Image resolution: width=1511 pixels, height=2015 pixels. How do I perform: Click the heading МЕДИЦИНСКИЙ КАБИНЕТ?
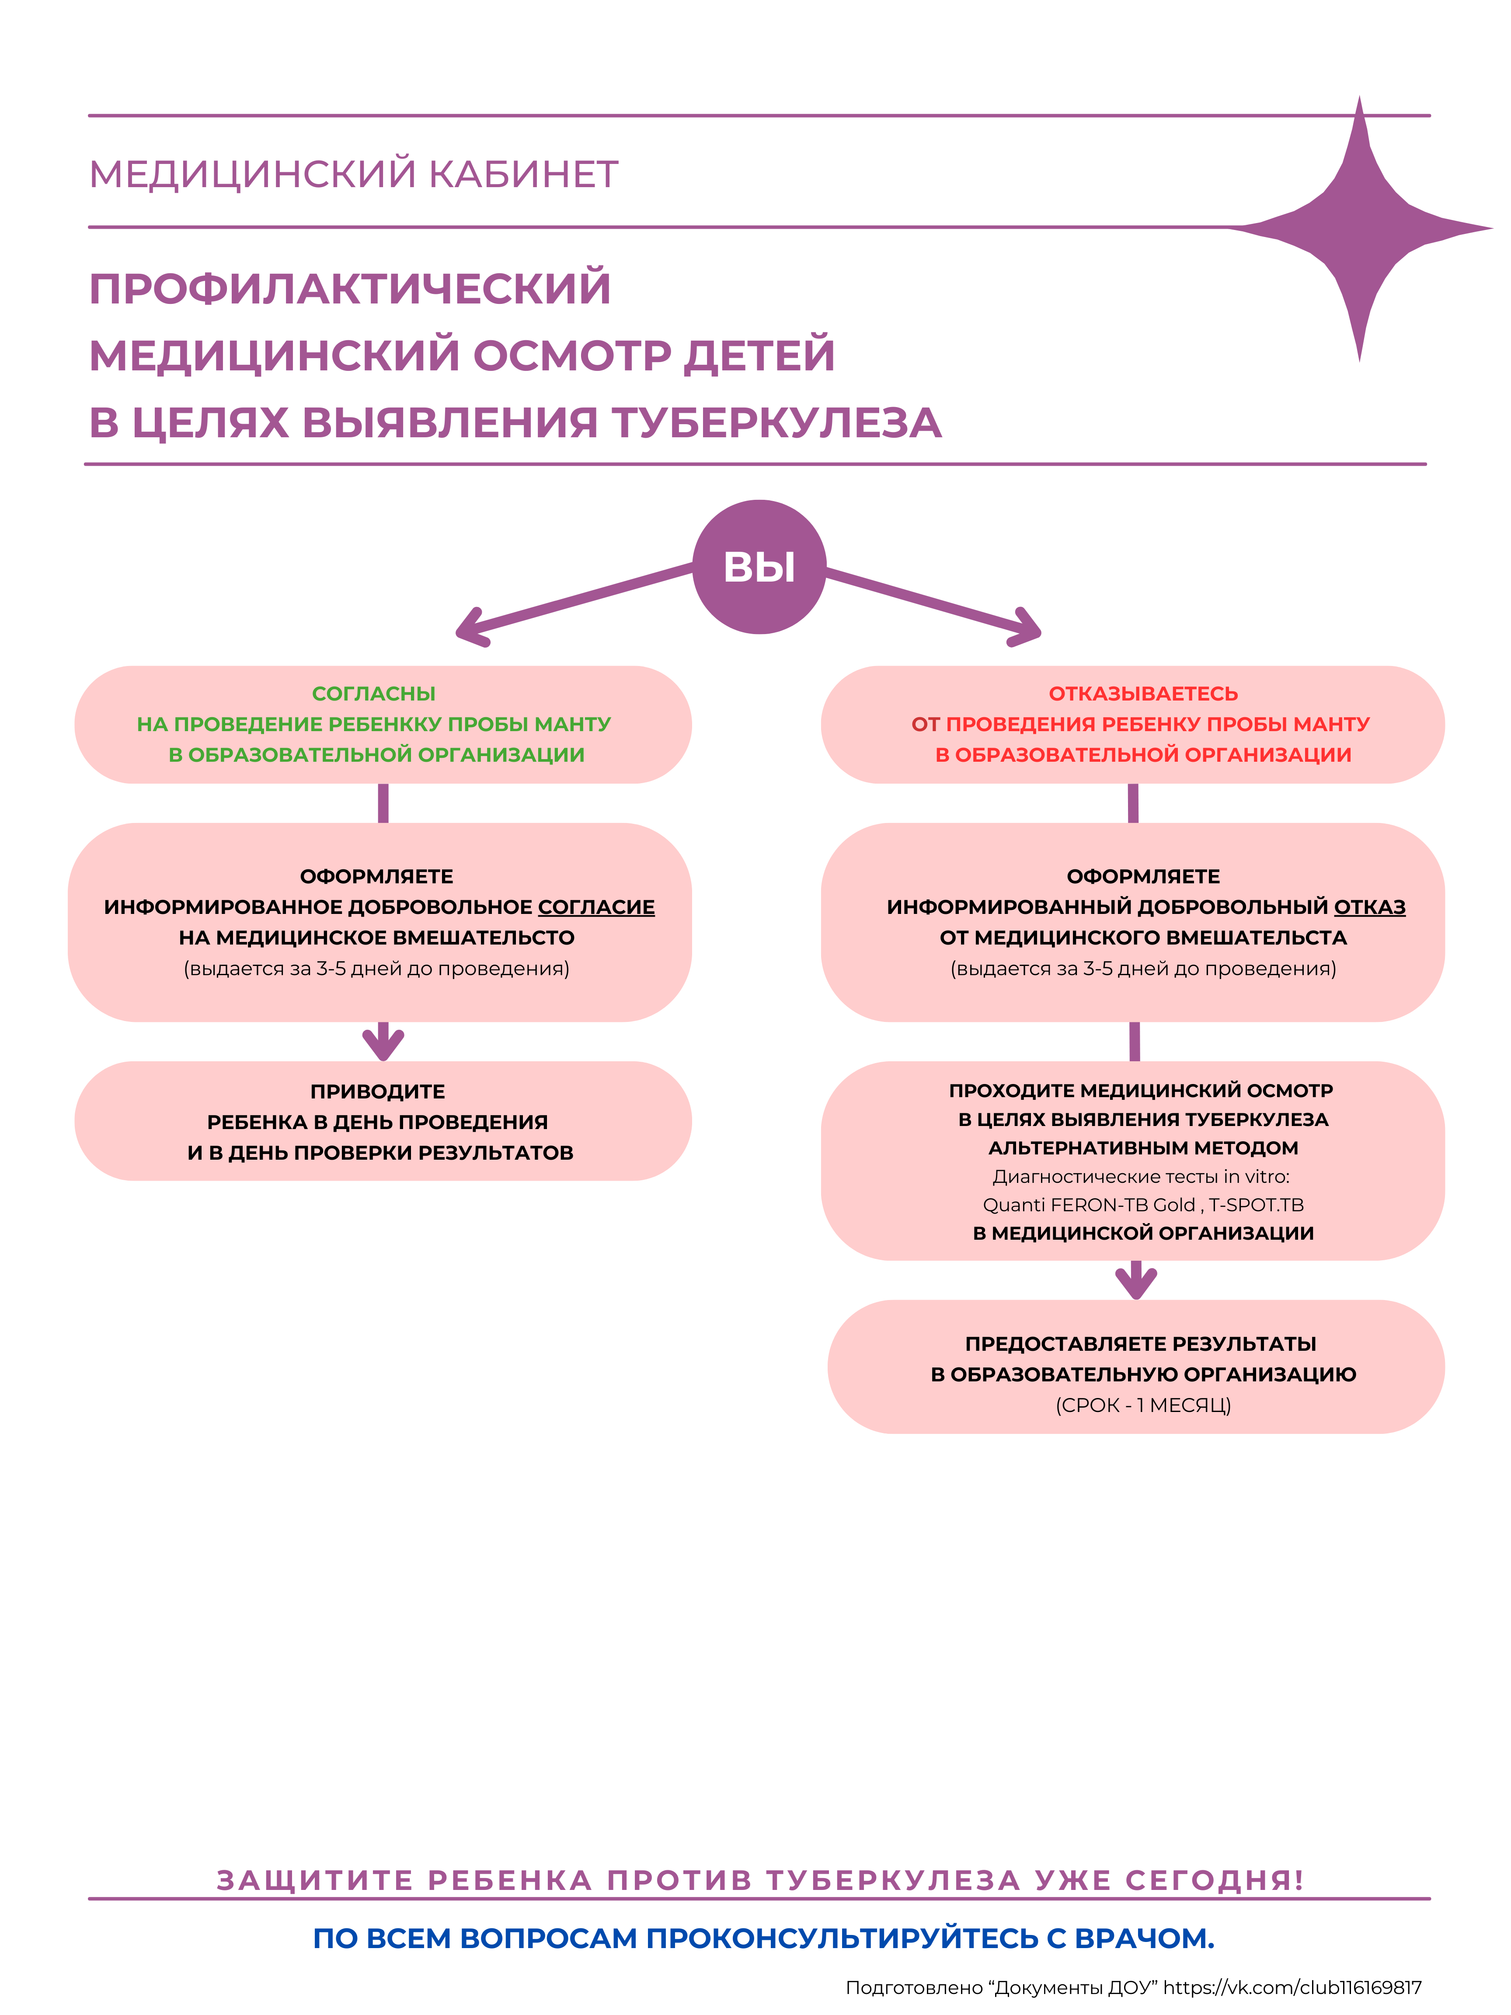(x=353, y=174)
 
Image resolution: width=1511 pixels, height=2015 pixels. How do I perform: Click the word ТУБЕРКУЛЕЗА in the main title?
(x=776, y=423)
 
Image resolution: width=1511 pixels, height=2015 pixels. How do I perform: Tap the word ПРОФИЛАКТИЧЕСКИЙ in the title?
(x=350, y=289)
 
